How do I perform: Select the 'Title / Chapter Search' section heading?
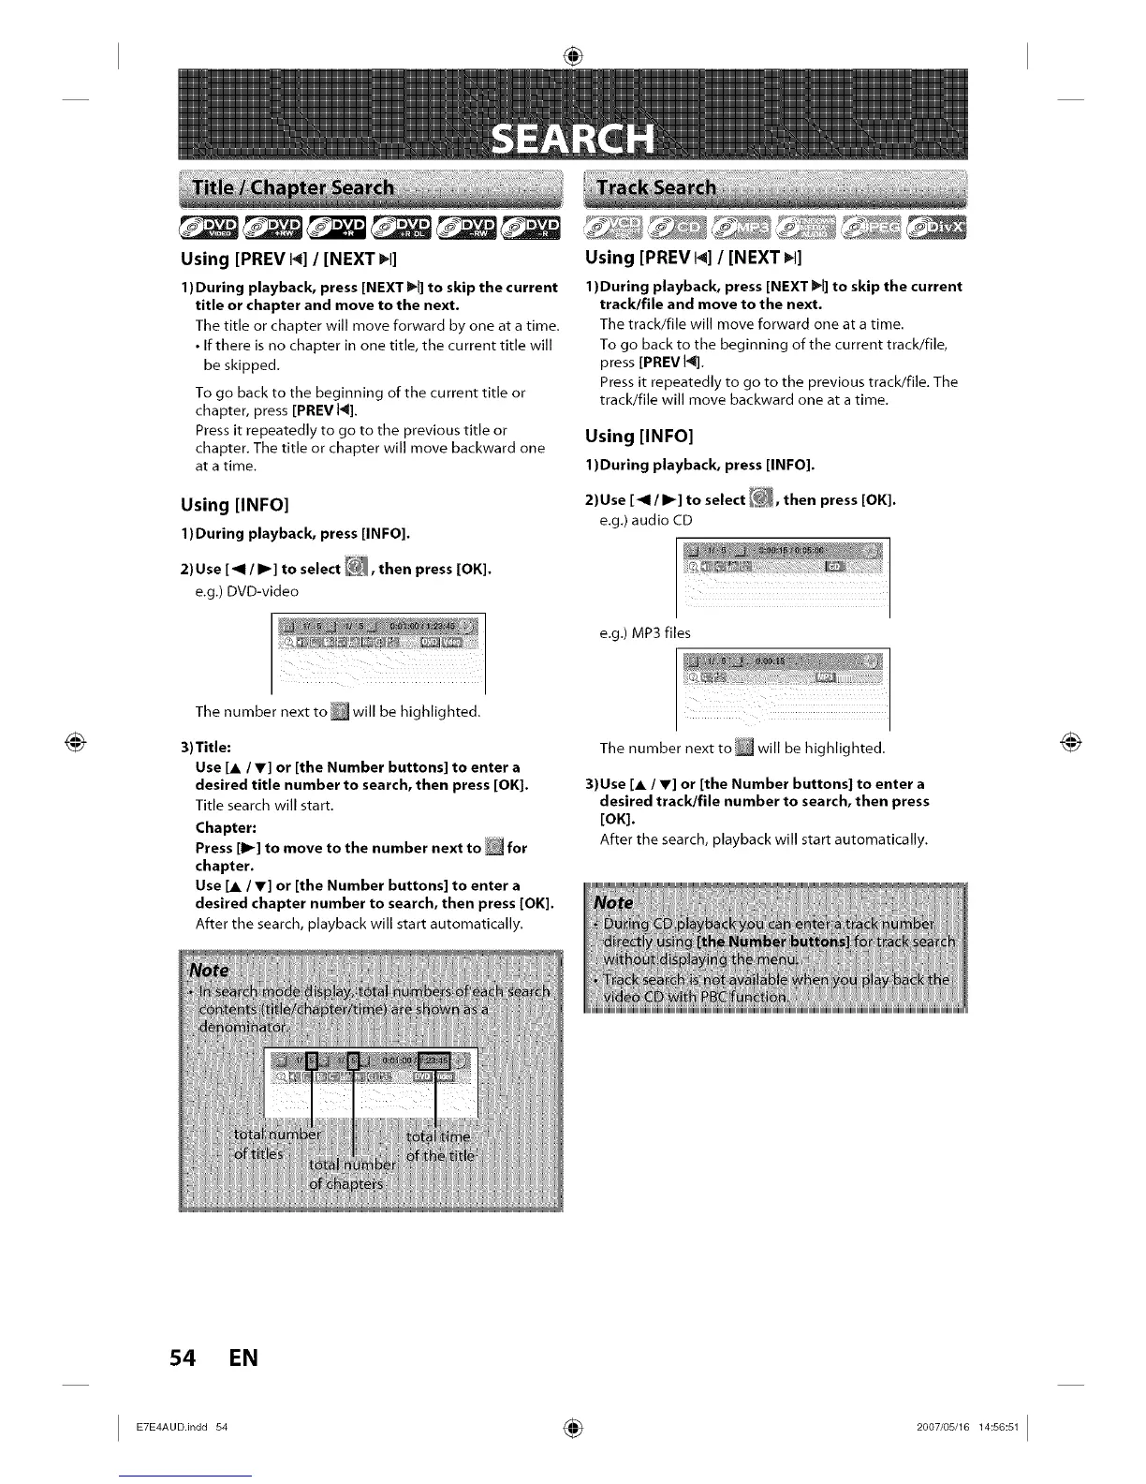(292, 186)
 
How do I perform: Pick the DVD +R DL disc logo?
(402, 227)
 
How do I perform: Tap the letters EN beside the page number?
(242, 1357)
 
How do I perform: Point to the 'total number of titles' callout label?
(276, 1144)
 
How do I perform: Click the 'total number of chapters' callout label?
(352, 1174)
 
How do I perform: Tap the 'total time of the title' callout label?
(440, 1145)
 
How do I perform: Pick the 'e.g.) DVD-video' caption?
(247, 591)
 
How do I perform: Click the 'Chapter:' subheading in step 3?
(226, 828)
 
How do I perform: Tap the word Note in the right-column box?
(614, 902)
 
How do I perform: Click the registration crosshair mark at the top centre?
(573, 56)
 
